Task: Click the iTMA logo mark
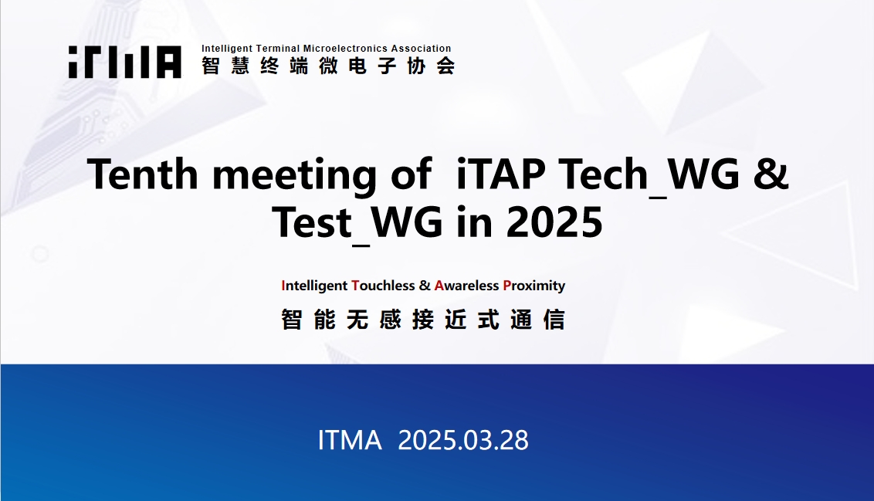point(125,62)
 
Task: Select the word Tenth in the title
point(143,174)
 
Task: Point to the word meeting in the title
point(294,176)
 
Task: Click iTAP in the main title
point(500,174)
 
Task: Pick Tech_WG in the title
point(649,176)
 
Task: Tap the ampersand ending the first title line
point(771,174)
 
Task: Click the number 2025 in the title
point(554,222)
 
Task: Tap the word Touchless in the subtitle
point(384,286)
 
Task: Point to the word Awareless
point(466,286)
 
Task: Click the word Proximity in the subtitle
point(534,286)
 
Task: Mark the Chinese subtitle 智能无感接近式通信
point(423,320)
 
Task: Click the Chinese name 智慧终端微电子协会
point(328,66)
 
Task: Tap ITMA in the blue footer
point(350,440)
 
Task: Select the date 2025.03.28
point(463,440)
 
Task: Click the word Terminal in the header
point(278,49)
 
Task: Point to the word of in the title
point(411,174)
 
